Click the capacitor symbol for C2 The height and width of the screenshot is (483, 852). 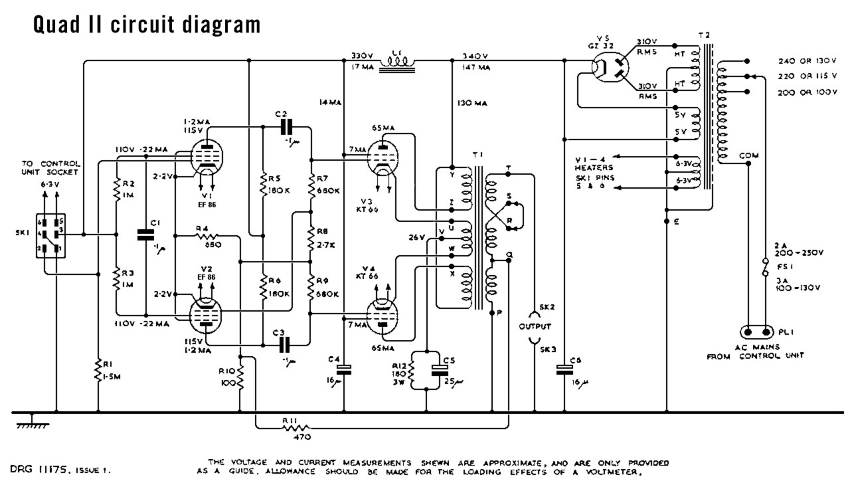286,126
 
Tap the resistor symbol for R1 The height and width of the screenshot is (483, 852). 99,369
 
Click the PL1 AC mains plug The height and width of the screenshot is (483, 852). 757,332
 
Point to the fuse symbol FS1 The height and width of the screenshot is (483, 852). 768,270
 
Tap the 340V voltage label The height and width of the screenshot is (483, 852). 475,56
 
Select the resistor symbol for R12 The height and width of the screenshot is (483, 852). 412,373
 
